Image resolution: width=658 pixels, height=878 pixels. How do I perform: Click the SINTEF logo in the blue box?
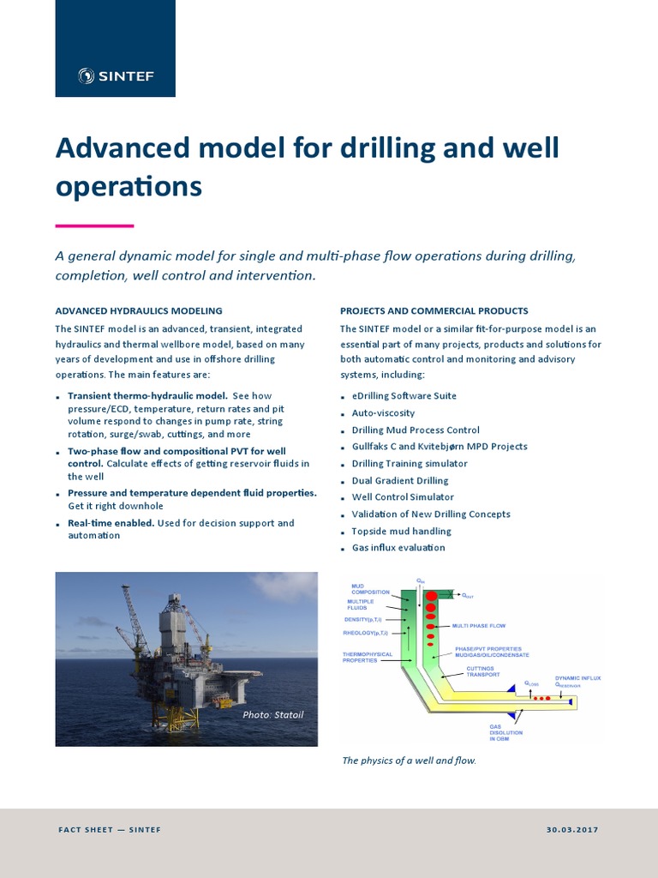(116, 76)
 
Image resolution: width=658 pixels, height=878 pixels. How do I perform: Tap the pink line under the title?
(94, 226)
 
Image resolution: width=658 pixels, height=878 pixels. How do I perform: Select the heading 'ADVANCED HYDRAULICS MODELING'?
(139, 311)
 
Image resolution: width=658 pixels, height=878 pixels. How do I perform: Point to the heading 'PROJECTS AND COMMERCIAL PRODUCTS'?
(434, 311)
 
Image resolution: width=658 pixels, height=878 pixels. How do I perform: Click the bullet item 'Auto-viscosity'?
(383, 413)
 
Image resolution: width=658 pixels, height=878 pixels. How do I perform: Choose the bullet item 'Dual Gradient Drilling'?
(400, 481)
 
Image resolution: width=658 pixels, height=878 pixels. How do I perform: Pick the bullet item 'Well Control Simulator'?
(403, 497)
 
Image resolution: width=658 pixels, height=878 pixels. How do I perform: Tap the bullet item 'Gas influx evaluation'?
(398, 548)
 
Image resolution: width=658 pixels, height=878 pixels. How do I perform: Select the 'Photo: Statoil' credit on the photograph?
(273, 714)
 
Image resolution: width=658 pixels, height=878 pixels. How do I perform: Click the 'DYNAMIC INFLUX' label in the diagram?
(577, 678)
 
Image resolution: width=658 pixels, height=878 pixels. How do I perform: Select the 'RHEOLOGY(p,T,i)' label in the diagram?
(365, 633)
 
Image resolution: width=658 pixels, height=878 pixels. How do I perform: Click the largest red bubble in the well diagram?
(432, 596)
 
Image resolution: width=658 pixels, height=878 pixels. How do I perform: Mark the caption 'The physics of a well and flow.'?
(408, 761)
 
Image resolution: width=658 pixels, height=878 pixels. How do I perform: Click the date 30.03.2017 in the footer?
(571, 830)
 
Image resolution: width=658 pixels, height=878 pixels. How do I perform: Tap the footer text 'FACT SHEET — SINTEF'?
(110, 830)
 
